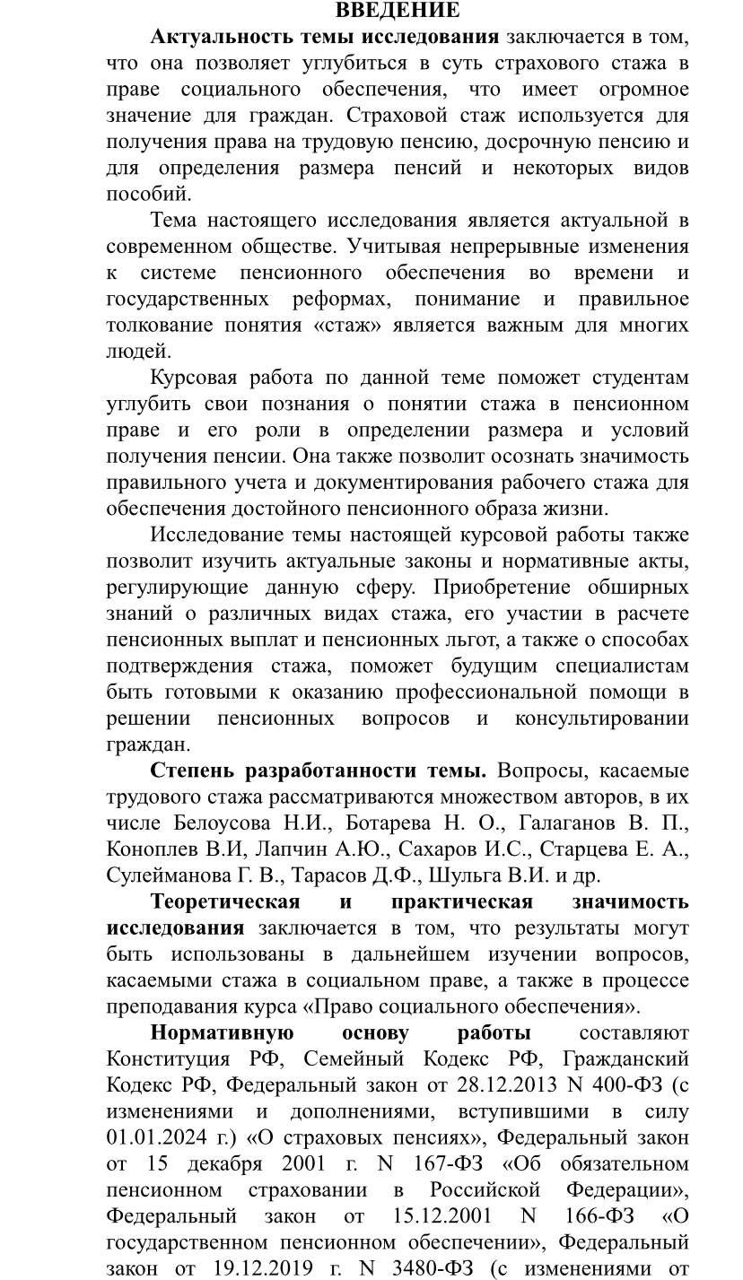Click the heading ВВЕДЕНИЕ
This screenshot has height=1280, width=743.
tap(397, 11)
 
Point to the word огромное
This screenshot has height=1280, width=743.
tap(642, 89)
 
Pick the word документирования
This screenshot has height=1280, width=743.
tap(408, 483)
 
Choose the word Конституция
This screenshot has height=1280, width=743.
tap(162, 1059)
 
